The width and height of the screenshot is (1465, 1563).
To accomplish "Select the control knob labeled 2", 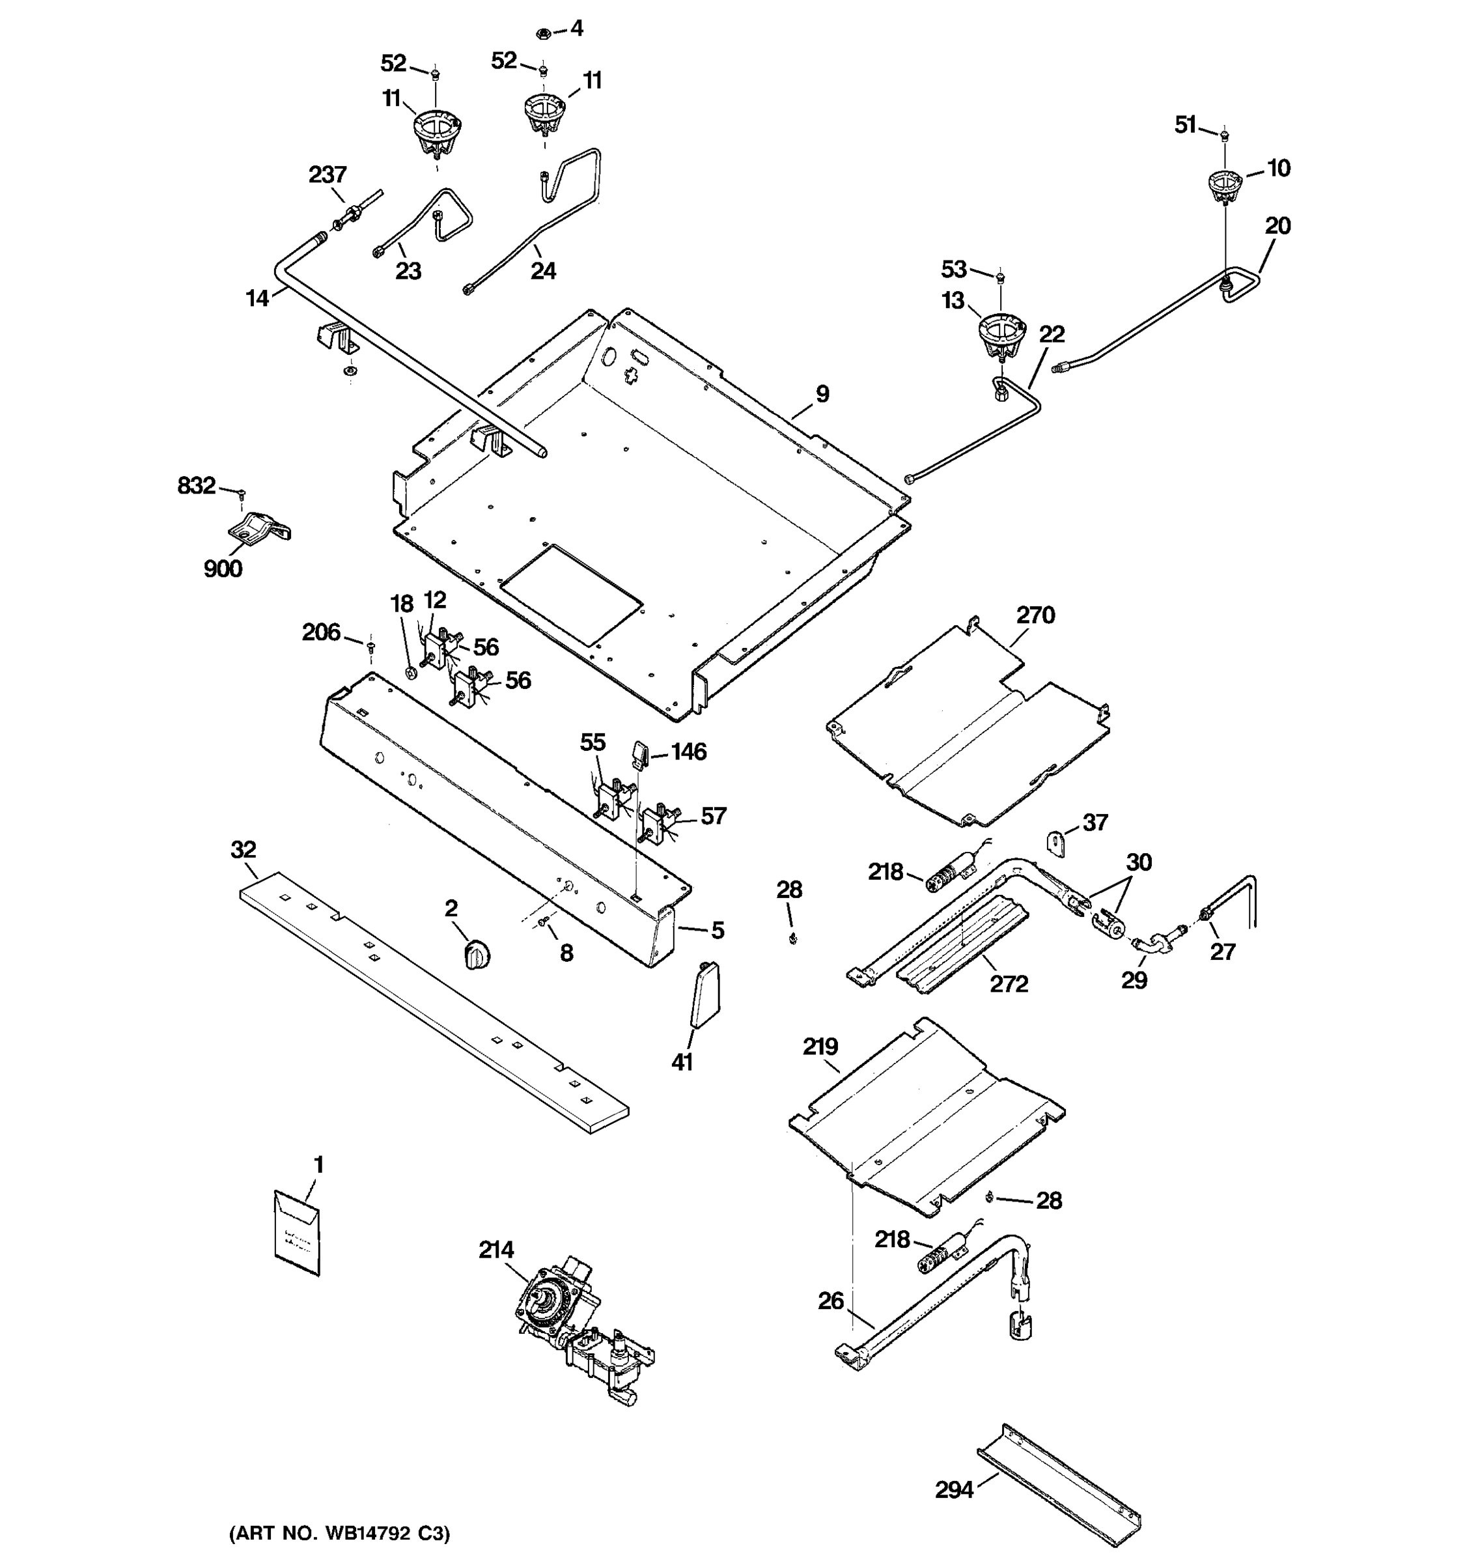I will pyautogui.click(x=476, y=953).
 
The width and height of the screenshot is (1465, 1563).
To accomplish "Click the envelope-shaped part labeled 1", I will pyautogui.click(x=297, y=1232).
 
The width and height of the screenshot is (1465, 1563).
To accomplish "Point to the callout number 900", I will pyautogui.click(x=223, y=569).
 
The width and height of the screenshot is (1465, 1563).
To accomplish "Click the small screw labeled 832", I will pyautogui.click(x=242, y=494).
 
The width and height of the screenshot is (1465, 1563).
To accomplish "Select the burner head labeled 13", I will pyautogui.click(x=1001, y=333).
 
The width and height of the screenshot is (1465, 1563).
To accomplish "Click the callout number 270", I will pyautogui.click(x=1035, y=615).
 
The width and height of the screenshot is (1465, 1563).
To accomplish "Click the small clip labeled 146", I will pyautogui.click(x=638, y=754).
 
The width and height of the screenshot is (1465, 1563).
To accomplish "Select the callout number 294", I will pyautogui.click(x=953, y=1489).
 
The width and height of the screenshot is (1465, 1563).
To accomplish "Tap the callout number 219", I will pyautogui.click(x=820, y=1047).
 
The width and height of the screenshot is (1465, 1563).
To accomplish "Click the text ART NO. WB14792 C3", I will pyautogui.click(x=339, y=1533).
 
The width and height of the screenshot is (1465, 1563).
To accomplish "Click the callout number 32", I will pyautogui.click(x=244, y=850).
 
